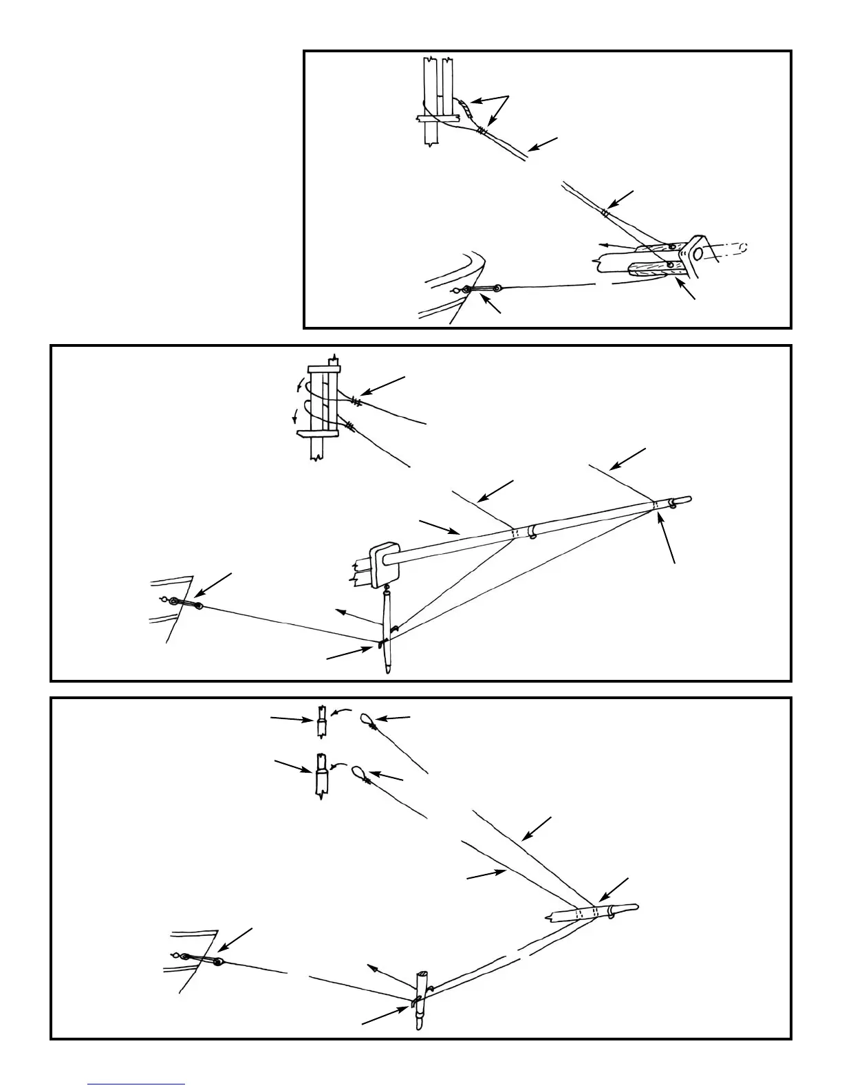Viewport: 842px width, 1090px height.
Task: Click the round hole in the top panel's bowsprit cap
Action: pos(698,254)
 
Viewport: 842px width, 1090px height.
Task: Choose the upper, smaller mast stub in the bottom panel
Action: pos(321,720)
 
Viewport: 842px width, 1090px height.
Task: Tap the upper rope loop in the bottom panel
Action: pos(367,720)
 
